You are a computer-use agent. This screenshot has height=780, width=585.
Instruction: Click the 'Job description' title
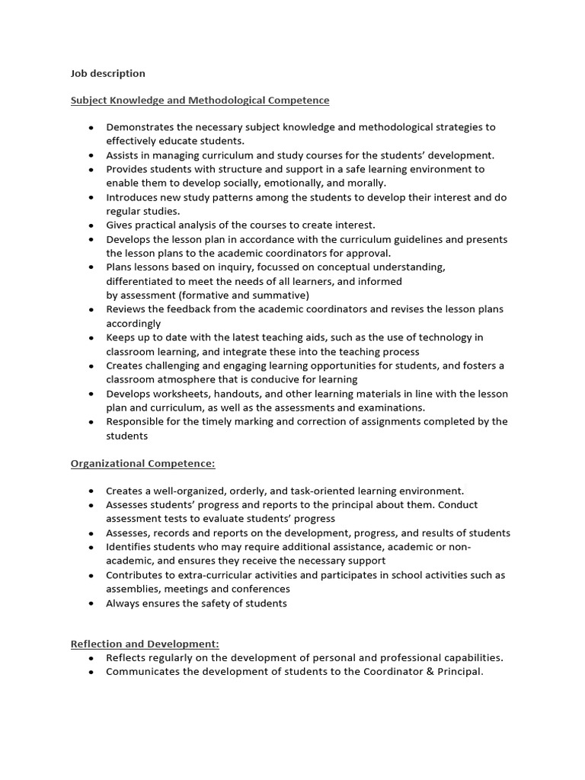[x=107, y=74]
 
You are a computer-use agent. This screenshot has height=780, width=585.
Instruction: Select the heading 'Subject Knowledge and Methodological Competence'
[x=200, y=100]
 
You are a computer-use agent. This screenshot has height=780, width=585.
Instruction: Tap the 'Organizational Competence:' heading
[x=143, y=463]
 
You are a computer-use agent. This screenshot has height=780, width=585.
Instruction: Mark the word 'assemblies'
[x=134, y=589]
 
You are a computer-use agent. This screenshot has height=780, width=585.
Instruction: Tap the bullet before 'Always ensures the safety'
[x=91, y=604]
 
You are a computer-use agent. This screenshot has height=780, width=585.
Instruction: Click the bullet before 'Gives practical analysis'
[x=91, y=225]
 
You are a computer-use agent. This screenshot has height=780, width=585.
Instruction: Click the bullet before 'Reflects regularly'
[x=91, y=658]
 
